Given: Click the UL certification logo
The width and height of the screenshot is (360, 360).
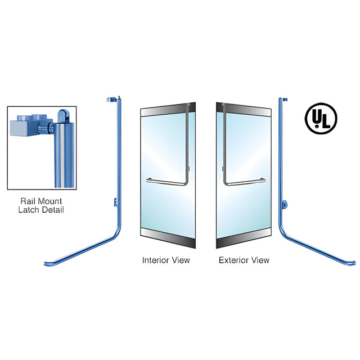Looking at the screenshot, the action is pos(321,119).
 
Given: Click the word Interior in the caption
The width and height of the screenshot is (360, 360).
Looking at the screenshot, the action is pos(152,260).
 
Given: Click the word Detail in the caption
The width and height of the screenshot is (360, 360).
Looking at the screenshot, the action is pos(52,210).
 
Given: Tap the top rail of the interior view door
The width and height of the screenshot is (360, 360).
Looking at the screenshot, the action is pos(168,110).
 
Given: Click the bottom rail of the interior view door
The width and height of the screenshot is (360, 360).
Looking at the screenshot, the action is pos(168,238).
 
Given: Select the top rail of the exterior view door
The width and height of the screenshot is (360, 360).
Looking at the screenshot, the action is pos(244,110).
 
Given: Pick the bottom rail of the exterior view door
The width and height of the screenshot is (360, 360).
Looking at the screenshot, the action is pos(244,238).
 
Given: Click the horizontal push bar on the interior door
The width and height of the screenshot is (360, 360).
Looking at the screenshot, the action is pos(166,182).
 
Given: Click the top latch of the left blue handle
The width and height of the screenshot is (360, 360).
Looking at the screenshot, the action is pos(112,100).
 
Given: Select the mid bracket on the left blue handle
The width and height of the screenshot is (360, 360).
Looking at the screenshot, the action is pos(116,202).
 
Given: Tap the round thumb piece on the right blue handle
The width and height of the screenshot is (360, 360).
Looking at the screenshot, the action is pos(285,204).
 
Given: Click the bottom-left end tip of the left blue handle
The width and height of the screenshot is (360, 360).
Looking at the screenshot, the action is pos(45,264).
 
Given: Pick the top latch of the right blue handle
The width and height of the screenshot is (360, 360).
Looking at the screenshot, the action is pos(285,100).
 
